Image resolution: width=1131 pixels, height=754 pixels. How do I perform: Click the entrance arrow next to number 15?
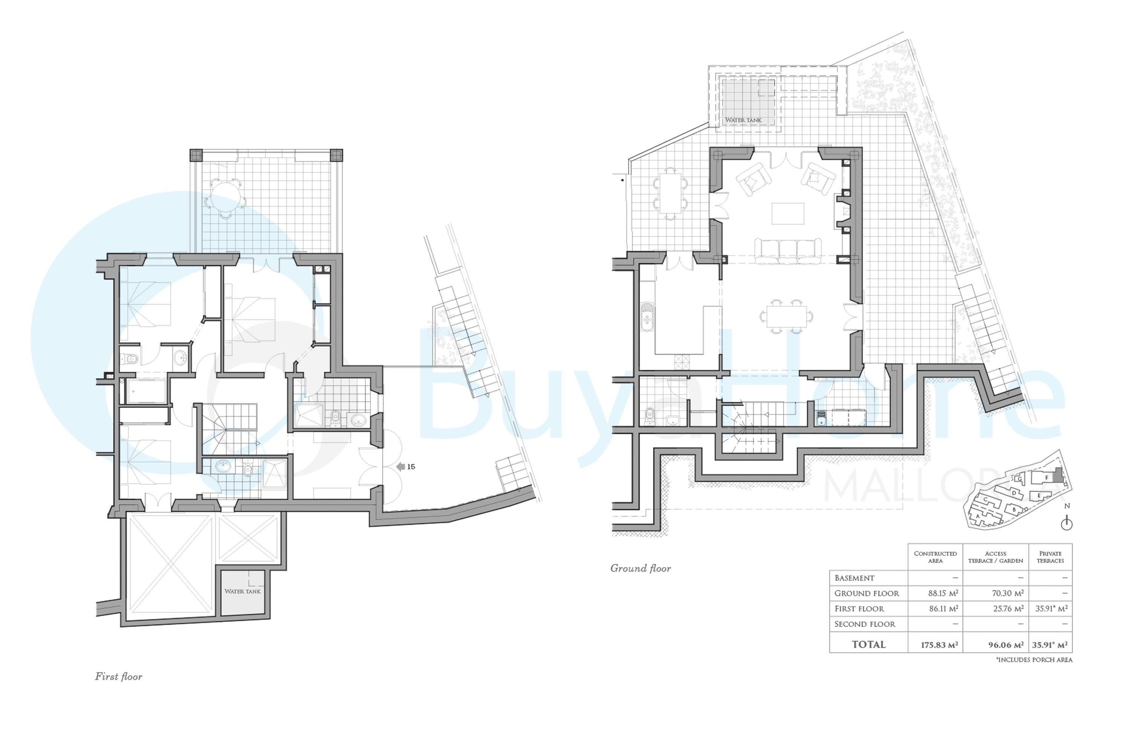(400, 466)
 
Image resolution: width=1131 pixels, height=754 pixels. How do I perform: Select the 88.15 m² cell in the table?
(943, 593)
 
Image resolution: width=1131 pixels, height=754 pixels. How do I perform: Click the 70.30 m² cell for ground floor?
(1007, 593)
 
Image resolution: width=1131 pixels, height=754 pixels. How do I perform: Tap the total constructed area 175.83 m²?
(939, 645)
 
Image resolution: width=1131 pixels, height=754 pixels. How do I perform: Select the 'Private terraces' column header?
(1050, 557)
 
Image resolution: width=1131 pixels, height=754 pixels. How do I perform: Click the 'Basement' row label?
(855, 578)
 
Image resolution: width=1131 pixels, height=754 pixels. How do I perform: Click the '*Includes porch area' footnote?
(1034, 660)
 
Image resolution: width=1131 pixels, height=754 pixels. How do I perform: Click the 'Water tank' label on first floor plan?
(242, 592)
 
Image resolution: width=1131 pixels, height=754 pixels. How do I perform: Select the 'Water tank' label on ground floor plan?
(743, 120)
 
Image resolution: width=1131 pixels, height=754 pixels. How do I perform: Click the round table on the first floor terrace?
(225, 197)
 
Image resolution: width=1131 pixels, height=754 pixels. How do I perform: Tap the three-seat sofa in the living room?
(788, 251)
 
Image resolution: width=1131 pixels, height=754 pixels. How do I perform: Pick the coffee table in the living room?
(788, 213)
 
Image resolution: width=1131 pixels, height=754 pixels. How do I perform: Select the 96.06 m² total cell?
(1006, 645)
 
